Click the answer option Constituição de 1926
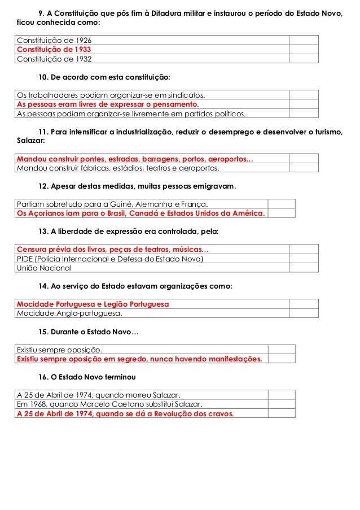pyautogui.click(x=54, y=41)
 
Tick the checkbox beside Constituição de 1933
pyautogui.click(x=304, y=49)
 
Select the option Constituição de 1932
pyautogui.click(x=54, y=58)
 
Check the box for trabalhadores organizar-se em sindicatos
pyautogui.click(x=304, y=95)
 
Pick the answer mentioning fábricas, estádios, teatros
pyautogui.click(x=118, y=168)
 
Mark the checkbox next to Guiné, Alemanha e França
pyautogui.click(x=282, y=204)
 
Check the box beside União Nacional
pyautogui.click(x=304, y=268)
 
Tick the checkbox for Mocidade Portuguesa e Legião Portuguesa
pyautogui.click(x=304, y=304)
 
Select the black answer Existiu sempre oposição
pyautogui.click(x=60, y=349)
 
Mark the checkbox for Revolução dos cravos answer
pyautogui.click(x=282, y=413)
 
